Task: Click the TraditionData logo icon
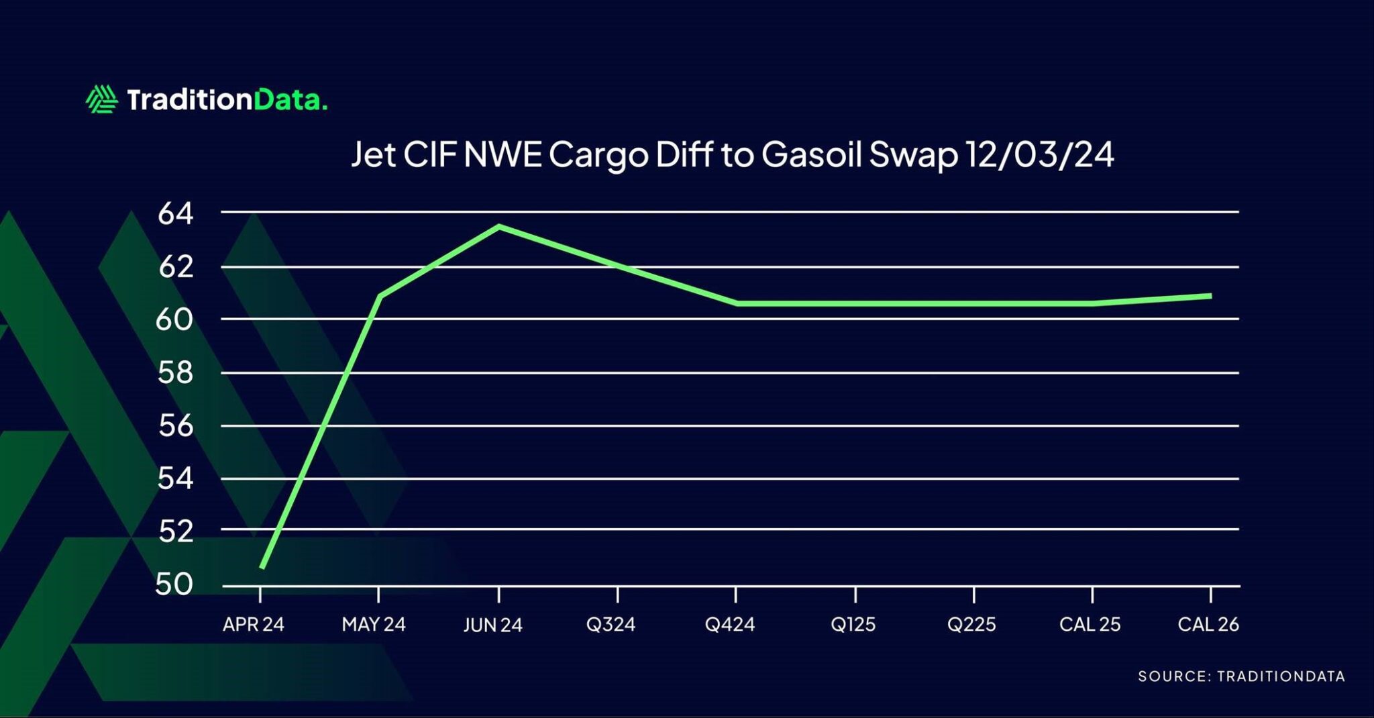pyautogui.click(x=101, y=99)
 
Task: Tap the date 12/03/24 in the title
pyautogui.click(x=1039, y=155)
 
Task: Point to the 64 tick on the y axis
pyautogui.click(x=175, y=214)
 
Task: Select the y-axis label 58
pyautogui.click(x=175, y=372)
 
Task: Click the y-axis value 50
pyautogui.click(x=174, y=584)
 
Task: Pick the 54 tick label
pyautogui.click(x=175, y=479)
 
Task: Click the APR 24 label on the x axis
pyautogui.click(x=254, y=625)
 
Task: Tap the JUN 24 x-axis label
pyautogui.click(x=492, y=625)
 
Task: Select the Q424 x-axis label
pyautogui.click(x=730, y=625)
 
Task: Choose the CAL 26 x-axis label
pyautogui.click(x=1208, y=625)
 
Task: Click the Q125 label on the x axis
pyautogui.click(x=853, y=625)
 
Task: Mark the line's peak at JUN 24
pyautogui.click(x=498, y=226)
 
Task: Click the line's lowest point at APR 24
pyautogui.click(x=262, y=568)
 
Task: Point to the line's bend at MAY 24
pyautogui.click(x=380, y=295)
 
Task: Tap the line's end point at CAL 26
pyautogui.click(x=1210, y=295)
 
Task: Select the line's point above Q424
pyautogui.click(x=737, y=303)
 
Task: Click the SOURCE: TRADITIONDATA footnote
pyautogui.click(x=1241, y=676)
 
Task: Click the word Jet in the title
pyautogui.click(x=373, y=155)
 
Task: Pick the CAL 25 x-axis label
pyautogui.click(x=1090, y=625)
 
